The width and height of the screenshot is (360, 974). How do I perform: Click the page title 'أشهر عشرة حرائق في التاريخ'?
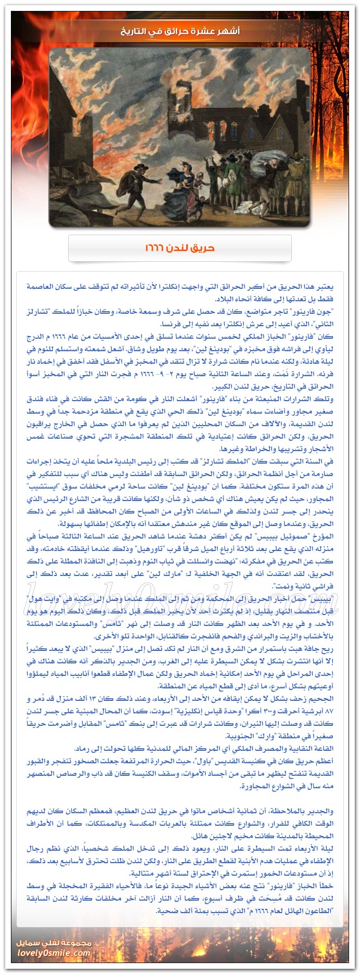point(180,31)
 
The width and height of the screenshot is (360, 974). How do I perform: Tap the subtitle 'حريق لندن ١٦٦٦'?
point(180,248)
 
